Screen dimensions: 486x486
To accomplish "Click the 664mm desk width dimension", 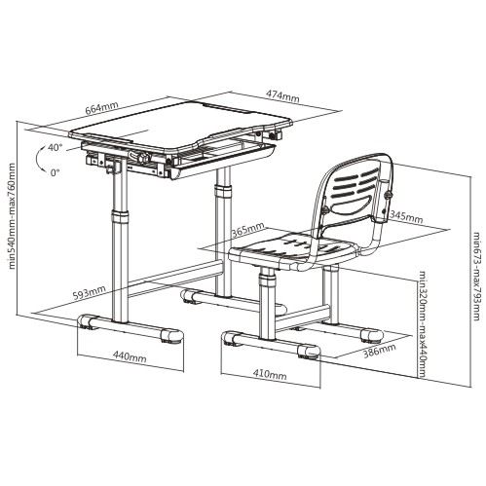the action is point(101,108).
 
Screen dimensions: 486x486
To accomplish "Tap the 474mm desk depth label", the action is point(282,95).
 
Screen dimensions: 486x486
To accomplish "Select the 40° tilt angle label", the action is point(55,147).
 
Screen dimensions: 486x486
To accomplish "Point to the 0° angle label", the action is point(56,172).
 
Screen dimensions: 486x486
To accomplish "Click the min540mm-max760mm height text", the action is point(12,215).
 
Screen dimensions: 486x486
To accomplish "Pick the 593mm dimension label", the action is point(89,293).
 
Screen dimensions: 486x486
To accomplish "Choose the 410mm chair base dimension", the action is point(270,374).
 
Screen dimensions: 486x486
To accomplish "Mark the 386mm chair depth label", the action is point(379,351).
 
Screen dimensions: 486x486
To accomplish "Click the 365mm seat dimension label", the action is point(247,230).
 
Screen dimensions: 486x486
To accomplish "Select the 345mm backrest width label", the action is point(406,216).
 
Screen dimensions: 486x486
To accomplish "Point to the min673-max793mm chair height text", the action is point(476,276).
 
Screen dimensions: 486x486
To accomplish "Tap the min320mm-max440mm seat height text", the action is point(422,324).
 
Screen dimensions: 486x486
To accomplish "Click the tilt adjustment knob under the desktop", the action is point(143,158).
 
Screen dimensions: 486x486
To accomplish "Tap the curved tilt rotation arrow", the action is point(41,159).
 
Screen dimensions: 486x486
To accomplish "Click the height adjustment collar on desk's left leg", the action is point(120,217).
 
